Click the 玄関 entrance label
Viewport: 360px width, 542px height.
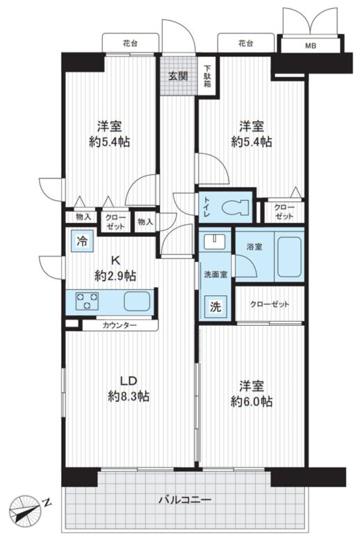point(178,76)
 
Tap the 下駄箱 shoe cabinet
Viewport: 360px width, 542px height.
point(208,76)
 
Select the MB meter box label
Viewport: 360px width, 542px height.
point(310,46)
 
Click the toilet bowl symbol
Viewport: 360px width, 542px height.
point(236,207)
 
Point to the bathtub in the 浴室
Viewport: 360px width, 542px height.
point(289,256)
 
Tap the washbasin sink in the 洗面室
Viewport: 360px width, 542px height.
point(215,241)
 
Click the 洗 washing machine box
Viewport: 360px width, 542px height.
point(215,306)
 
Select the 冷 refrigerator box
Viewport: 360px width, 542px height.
point(82,240)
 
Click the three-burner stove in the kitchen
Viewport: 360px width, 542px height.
point(87,301)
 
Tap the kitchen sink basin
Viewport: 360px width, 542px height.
point(138,301)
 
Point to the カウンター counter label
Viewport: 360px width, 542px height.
point(120,325)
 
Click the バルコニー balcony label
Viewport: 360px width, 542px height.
point(185,500)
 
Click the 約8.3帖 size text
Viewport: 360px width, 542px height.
point(129,396)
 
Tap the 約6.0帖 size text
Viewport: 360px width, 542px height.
point(252,402)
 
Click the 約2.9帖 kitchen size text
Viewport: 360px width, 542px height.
point(115,275)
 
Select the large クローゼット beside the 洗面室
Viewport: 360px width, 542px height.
point(270,304)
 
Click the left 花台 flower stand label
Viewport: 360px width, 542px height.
point(130,44)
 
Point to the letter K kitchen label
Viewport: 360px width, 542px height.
point(115,259)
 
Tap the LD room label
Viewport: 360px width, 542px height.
point(129,381)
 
